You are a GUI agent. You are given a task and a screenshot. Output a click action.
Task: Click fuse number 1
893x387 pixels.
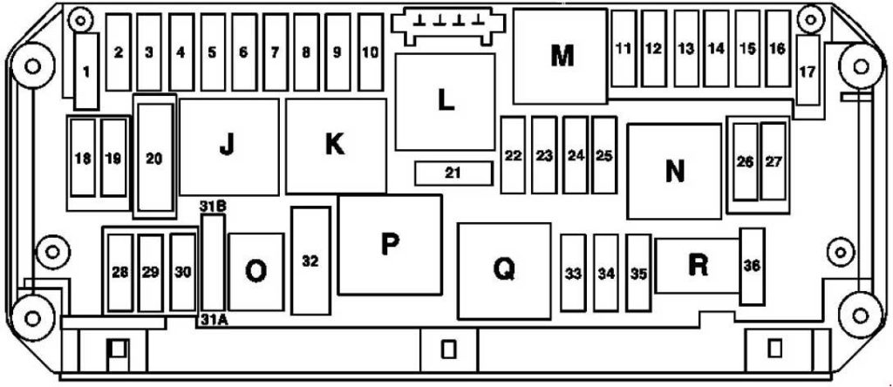coord(85,72)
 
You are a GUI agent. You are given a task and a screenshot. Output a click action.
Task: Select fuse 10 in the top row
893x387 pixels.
coord(370,52)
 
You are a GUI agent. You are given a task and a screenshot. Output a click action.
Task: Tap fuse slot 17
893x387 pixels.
coord(808,71)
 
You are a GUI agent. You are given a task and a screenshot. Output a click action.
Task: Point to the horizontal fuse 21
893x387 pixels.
coord(452,173)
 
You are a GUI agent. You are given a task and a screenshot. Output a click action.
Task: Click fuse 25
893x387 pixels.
coord(603,156)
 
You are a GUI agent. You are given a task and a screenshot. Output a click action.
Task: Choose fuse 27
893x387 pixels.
coord(774,161)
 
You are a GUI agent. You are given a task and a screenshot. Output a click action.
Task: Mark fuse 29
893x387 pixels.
coord(150,272)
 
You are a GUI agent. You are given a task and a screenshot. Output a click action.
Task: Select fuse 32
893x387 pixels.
coord(310,261)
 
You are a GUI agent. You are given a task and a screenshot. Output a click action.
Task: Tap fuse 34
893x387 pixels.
coord(606,273)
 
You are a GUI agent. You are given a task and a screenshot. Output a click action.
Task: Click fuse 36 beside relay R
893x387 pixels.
coord(752,266)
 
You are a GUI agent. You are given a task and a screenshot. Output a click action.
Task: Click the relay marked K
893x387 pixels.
coord(336,146)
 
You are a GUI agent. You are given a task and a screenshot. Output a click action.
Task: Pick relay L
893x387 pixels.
coord(445,101)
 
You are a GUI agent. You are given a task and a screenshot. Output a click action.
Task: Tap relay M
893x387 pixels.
coord(562,57)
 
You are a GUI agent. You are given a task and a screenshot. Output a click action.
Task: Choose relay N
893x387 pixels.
coord(674,171)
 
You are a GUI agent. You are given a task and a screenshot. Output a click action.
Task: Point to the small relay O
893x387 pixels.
coord(256,271)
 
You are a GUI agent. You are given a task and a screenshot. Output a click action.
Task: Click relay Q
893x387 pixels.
coord(503,270)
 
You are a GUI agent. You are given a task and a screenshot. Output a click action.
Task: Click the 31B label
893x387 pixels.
coord(213,207)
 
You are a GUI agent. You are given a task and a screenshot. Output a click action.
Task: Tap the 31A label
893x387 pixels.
coord(213,320)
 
